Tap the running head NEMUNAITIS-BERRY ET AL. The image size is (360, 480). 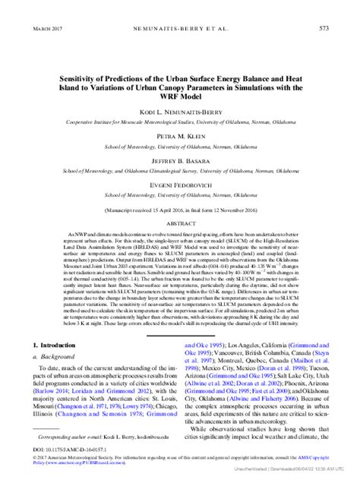tap(179, 28)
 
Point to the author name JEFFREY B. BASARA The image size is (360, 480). tap(179, 161)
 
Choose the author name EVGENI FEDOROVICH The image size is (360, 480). tap(179, 185)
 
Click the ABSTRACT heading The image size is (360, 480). tap(179, 225)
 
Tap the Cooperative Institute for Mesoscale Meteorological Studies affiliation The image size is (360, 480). tap(179, 121)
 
